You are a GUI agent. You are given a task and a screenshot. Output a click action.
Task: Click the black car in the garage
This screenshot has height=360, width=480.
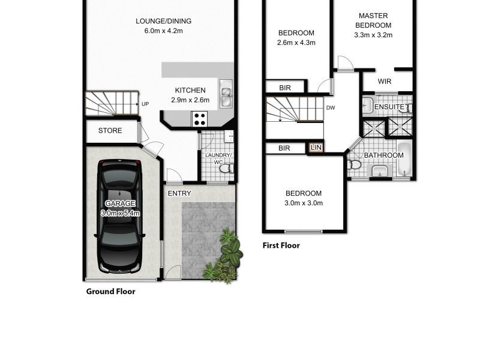point(120,216)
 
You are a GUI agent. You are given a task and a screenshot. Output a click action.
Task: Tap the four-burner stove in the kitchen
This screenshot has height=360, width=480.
point(199,119)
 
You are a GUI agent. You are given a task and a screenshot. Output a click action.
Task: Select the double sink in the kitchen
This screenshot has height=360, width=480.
point(226,94)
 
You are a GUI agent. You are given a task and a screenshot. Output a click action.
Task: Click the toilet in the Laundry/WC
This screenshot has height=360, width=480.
point(227,168)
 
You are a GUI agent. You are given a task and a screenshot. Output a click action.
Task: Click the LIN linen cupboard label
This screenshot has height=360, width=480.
point(316,148)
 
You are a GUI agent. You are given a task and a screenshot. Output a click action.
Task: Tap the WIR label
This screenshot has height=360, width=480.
point(385,82)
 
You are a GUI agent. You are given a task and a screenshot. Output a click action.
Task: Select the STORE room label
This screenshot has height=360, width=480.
point(110,131)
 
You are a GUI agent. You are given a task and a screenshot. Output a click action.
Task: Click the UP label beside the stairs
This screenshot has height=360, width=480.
point(145,104)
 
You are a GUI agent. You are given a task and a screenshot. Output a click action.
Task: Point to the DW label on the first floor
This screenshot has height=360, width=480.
point(331,108)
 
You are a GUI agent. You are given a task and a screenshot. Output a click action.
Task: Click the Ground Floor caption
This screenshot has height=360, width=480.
point(111,292)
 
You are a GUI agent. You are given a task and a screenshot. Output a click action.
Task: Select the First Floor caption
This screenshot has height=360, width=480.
point(281,245)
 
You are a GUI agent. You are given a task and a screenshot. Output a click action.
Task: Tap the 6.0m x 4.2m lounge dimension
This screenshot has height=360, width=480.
point(163,31)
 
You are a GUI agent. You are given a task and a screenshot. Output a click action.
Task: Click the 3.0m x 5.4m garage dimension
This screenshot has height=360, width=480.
point(121,213)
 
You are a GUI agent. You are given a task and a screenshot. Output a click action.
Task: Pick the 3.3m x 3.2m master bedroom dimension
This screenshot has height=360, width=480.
point(373,35)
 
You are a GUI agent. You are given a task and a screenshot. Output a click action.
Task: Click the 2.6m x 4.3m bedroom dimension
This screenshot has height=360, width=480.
point(296,43)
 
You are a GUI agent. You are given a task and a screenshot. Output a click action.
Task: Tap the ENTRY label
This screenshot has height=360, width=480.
point(179,193)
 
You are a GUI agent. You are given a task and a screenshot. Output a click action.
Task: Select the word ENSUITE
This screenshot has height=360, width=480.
point(389,107)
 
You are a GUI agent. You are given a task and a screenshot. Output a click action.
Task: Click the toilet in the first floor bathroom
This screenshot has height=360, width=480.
point(353,164)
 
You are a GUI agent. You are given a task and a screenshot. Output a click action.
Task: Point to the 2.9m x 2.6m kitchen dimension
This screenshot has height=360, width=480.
point(190,100)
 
